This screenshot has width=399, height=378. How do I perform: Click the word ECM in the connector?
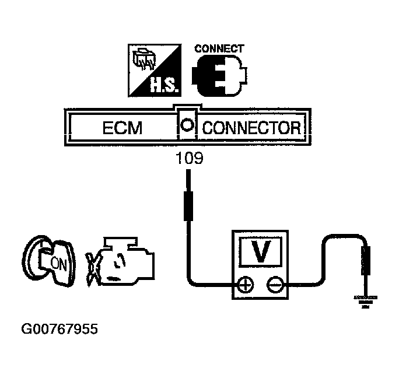pos(122,128)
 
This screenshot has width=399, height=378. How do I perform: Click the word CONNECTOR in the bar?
pos(251,128)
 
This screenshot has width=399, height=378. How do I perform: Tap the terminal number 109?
pos(190,158)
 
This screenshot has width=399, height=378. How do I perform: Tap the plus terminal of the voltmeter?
pos(246,285)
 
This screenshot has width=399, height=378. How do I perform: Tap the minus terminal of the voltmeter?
pos(274,285)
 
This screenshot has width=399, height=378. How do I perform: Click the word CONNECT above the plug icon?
pos(219,49)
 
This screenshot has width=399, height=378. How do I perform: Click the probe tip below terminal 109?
pos(188,204)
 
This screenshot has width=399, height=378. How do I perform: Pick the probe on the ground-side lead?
pos(366,260)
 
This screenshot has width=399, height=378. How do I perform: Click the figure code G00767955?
pos(60,329)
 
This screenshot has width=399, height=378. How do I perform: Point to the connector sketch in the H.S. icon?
pos(143,61)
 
